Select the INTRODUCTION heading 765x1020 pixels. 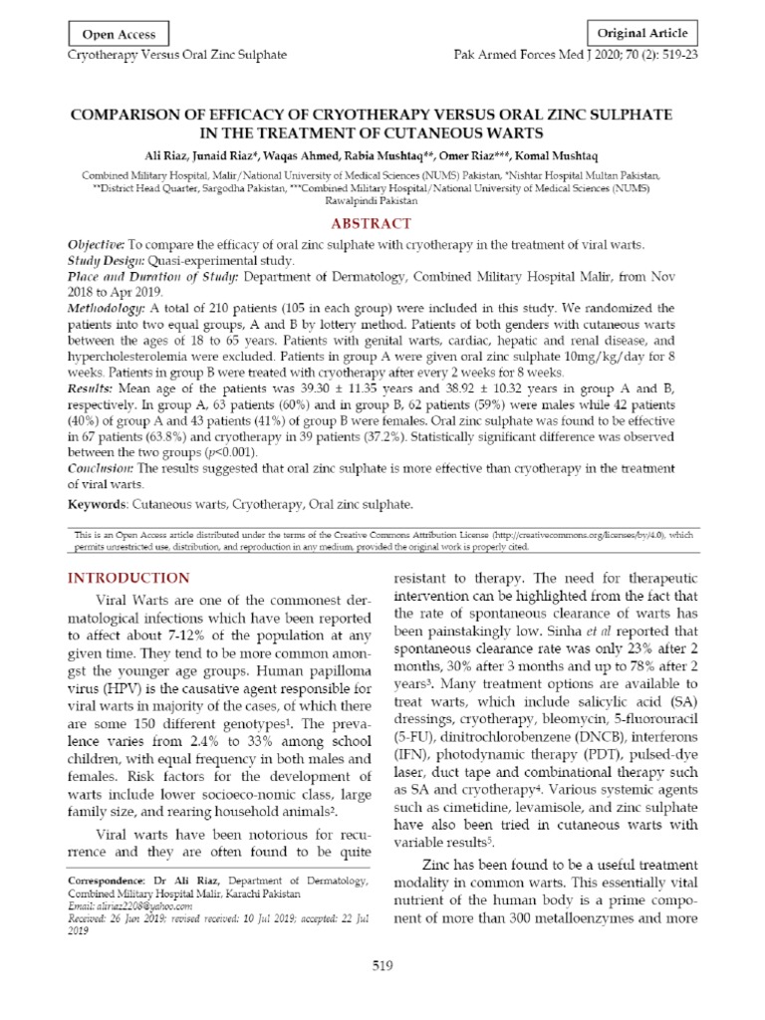[x=127, y=578]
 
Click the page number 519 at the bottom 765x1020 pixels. [x=382, y=965]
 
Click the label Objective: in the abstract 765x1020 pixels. [x=96, y=245]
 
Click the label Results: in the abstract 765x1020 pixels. [x=91, y=385]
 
